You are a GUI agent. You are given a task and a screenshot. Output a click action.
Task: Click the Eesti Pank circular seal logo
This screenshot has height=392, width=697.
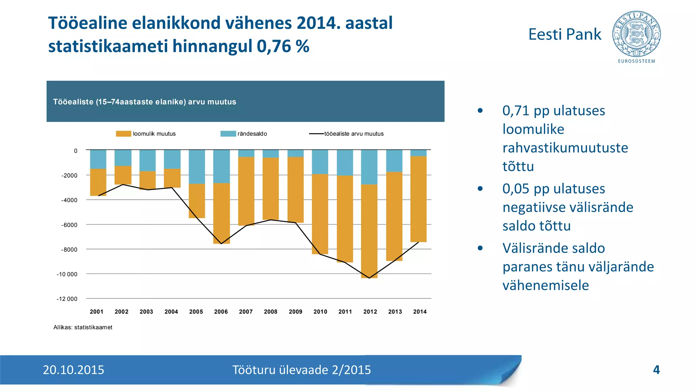636,34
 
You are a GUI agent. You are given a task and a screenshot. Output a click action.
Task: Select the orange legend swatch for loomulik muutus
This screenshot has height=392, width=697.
123,134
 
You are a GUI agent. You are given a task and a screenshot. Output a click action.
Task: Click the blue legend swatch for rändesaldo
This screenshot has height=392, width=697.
228,134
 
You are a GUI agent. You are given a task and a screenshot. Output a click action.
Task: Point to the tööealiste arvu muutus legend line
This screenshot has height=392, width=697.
316,134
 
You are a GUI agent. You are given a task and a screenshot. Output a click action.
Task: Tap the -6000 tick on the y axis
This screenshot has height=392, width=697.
69,225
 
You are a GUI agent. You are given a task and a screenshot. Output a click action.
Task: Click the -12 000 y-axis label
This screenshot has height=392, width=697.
67,299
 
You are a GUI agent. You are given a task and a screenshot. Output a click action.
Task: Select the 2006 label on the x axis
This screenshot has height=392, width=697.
221,312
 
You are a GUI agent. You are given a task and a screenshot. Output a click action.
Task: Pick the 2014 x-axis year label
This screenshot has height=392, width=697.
420,312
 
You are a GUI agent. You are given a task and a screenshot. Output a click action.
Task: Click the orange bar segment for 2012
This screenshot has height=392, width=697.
369,231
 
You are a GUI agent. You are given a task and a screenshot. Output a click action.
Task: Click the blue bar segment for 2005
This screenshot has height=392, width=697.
197,167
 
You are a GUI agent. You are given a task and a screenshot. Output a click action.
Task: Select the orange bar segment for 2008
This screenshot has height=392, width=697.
271,189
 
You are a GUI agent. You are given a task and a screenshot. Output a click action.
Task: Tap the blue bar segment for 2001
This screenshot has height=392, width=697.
98,159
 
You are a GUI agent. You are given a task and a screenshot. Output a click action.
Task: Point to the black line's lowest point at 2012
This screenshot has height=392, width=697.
369,278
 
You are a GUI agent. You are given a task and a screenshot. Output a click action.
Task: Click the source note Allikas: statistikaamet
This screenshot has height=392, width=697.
83,327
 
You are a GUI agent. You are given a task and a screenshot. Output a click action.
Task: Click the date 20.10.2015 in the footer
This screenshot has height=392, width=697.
74,370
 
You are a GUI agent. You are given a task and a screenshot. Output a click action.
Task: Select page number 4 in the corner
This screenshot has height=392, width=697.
656,370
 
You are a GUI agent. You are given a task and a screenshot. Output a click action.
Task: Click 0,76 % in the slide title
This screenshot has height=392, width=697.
283,46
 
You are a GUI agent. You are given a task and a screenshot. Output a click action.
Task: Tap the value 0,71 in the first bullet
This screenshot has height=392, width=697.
516,111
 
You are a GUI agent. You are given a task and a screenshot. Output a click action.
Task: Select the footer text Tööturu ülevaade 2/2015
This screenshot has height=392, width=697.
302,370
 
